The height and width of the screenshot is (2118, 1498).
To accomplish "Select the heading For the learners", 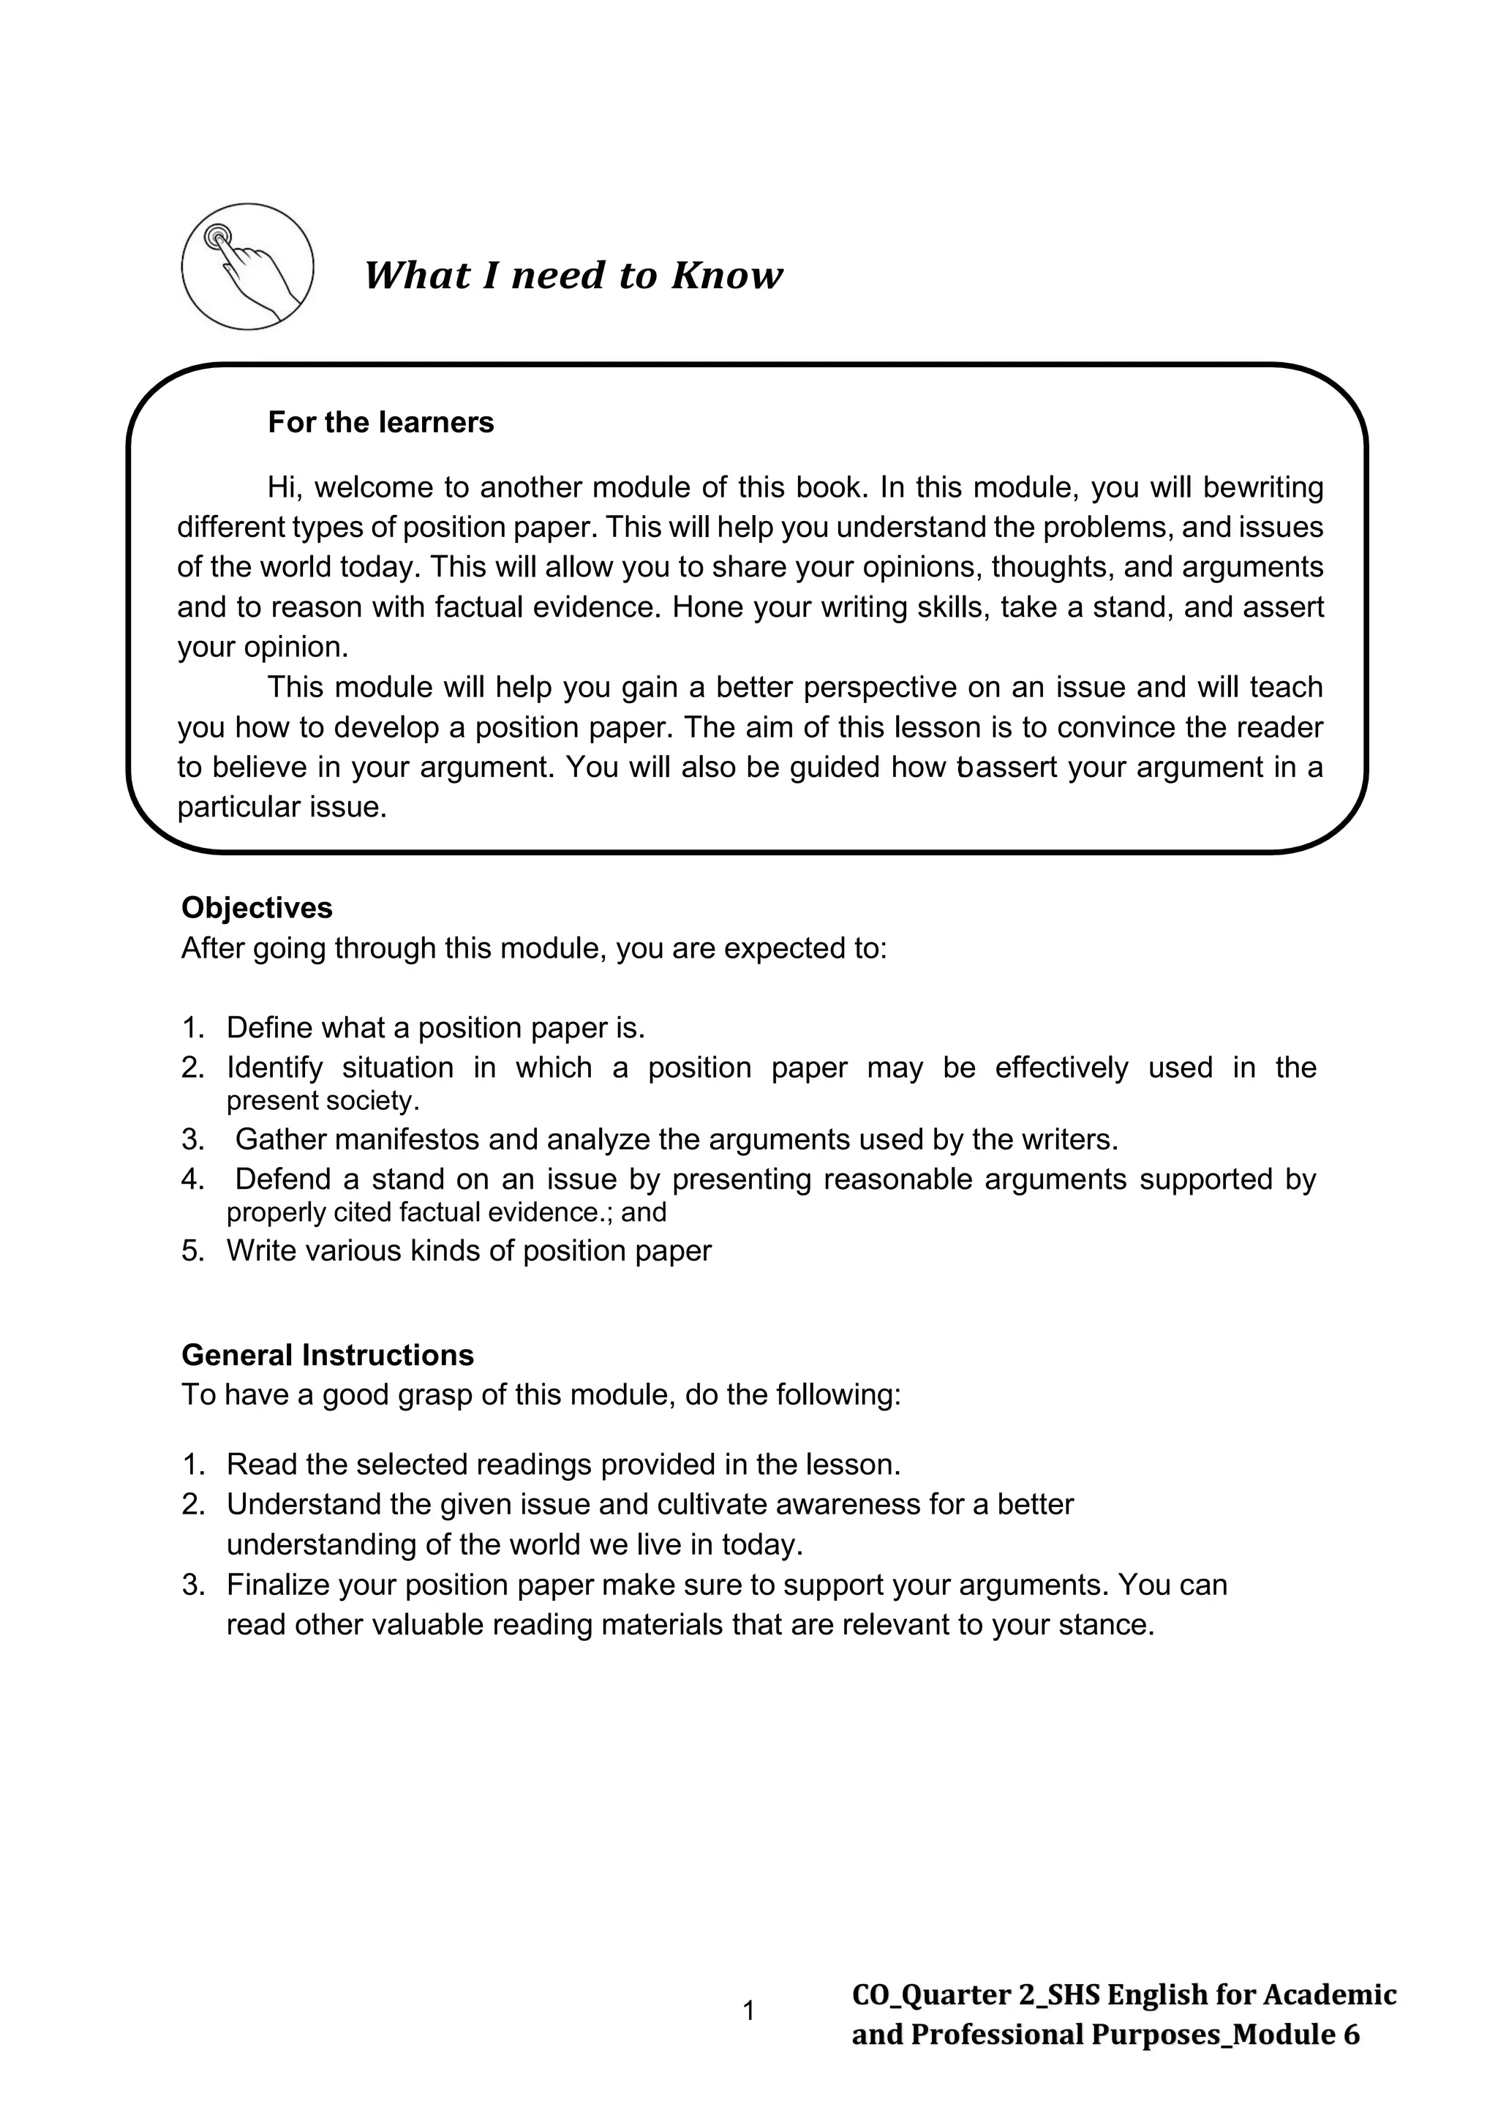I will [380, 422].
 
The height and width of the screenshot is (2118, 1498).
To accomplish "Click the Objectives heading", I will [257, 908].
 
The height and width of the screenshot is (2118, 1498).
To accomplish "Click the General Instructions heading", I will [328, 1355].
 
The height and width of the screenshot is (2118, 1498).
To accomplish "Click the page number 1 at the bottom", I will [748, 2011].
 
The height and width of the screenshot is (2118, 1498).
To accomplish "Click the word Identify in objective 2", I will [274, 1067].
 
